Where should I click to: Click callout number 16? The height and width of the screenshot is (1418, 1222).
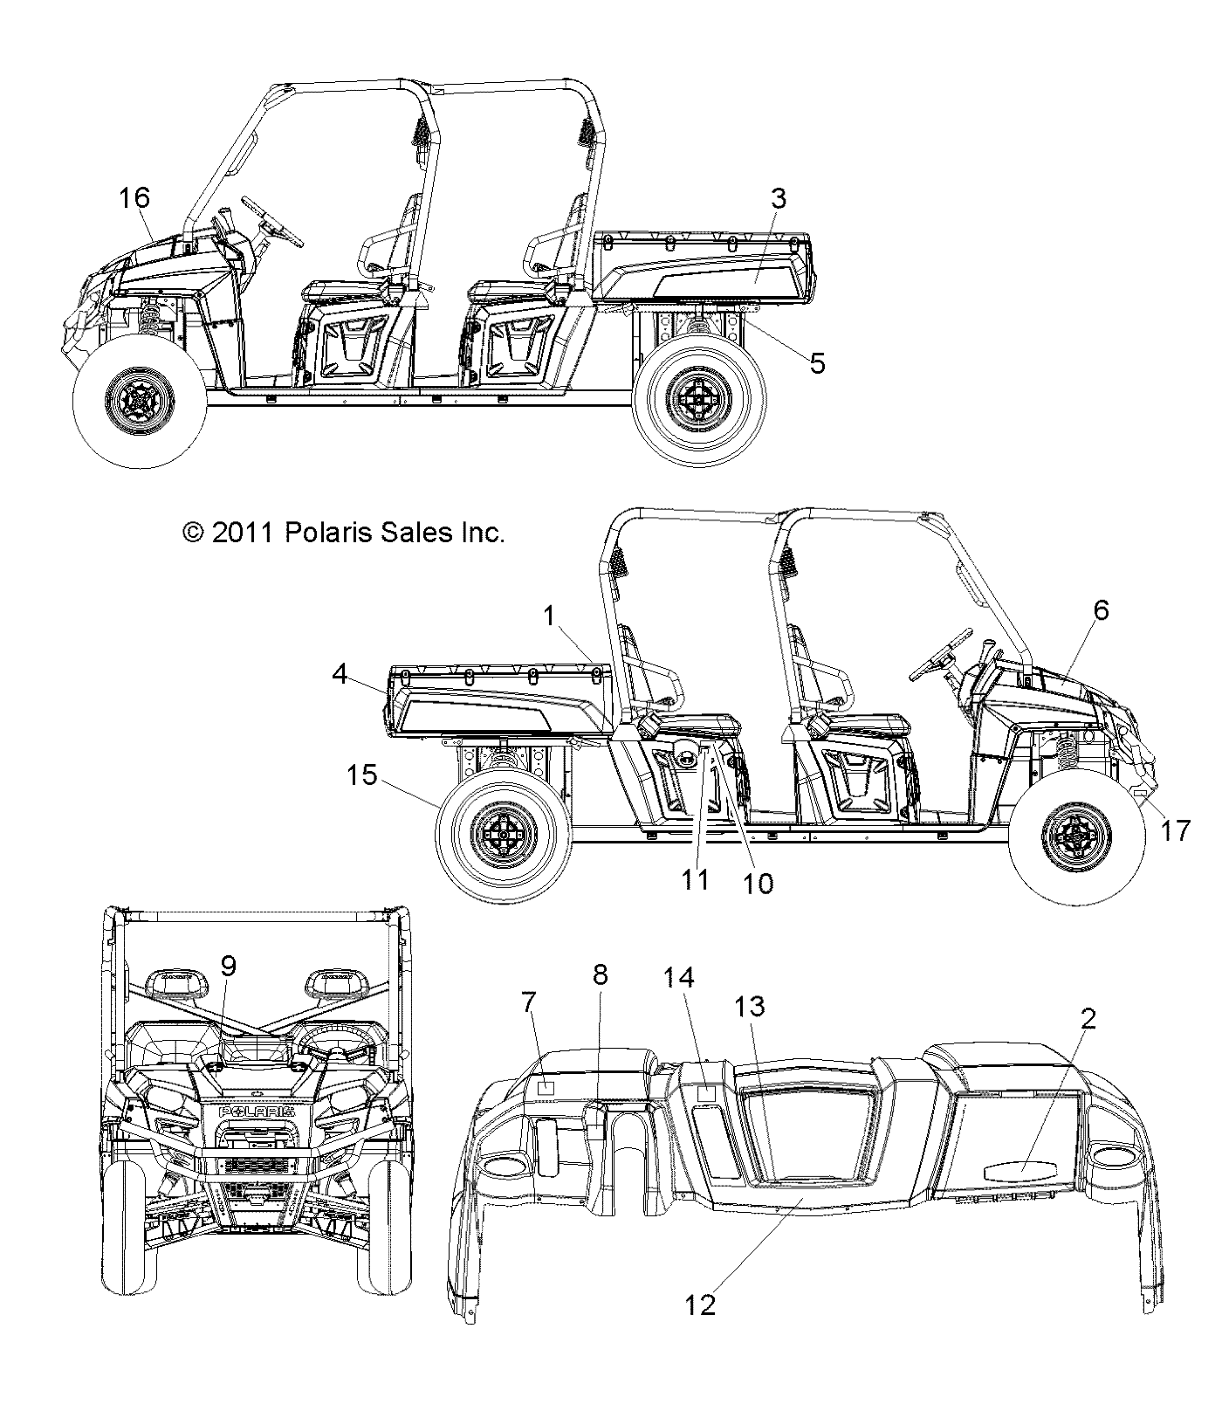135,198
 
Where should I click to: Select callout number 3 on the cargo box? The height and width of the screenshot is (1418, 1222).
778,198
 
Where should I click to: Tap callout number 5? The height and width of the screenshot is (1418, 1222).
817,362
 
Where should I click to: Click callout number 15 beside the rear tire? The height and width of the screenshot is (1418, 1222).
361,774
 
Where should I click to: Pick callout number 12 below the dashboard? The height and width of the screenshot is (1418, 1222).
701,1329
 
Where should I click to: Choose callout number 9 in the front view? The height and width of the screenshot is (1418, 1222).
228,966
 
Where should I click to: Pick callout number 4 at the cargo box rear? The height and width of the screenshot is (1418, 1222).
340,674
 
